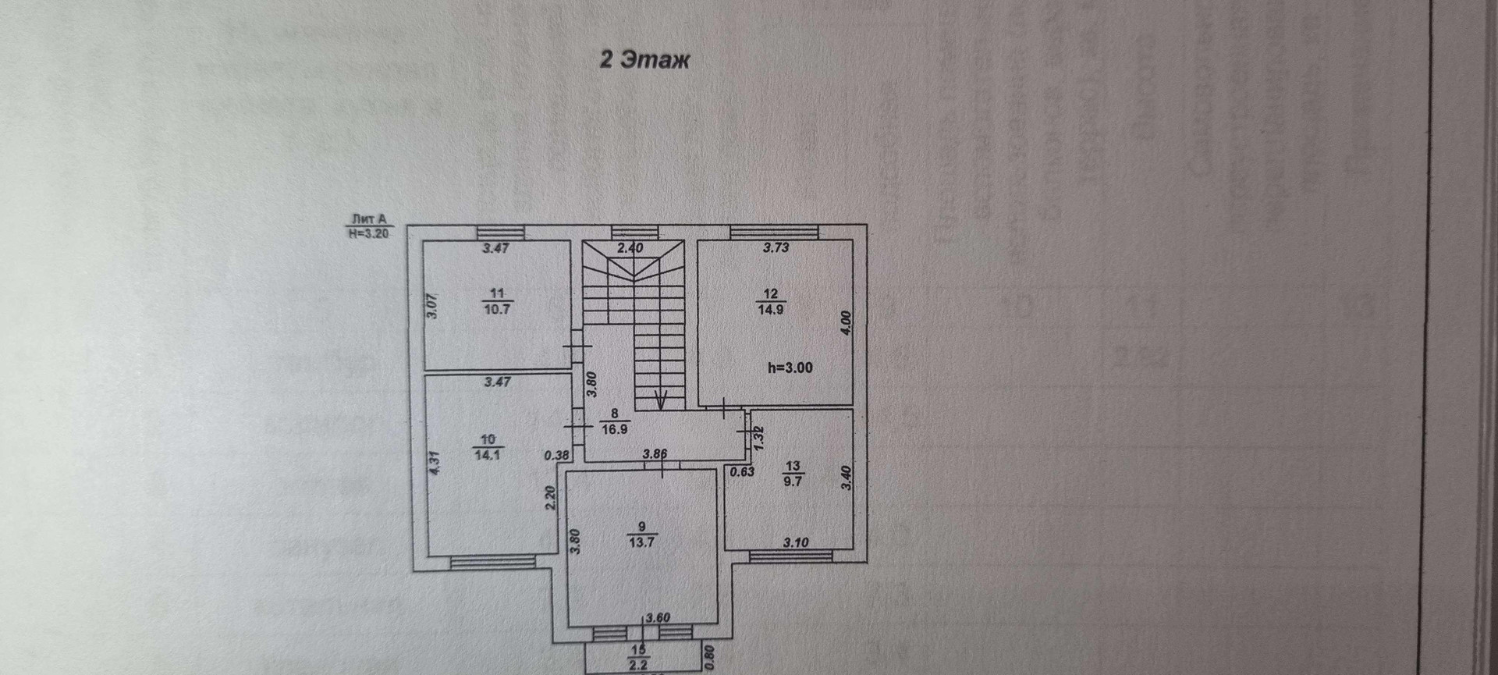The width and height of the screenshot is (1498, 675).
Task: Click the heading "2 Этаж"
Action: pyautogui.click(x=644, y=60)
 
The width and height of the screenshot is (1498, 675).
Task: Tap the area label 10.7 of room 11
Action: pyautogui.click(x=496, y=309)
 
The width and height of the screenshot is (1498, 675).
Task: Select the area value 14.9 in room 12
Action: pyautogui.click(x=770, y=309)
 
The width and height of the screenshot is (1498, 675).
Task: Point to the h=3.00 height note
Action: pyautogui.click(x=790, y=368)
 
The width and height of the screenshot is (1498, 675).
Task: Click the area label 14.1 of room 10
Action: pyautogui.click(x=487, y=455)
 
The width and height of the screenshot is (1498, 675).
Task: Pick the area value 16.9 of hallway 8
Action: pyautogui.click(x=615, y=428)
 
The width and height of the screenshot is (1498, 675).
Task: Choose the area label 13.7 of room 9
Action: pyautogui.click(x=641, y=542)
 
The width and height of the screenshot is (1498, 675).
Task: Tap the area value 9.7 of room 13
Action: pyautogui.click(x=793, y=481)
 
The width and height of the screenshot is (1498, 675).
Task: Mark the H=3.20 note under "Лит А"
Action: pyautogui.click(x=368, y=233)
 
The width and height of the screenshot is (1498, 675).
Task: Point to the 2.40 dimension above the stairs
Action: pyautogui.click(x=630, y=248)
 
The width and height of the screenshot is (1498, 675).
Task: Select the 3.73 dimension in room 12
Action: pyautogui.click(x=776, y=248)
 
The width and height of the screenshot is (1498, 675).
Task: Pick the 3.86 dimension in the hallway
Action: pyautogui.click(x=655, y=453)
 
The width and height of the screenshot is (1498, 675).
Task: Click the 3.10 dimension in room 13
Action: pyautogui.click(x=796, y=542)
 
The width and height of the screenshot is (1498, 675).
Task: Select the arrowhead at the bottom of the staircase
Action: pyautogui.click(x=660, y=402)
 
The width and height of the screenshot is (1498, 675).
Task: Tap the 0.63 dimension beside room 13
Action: pyautogui.click(x=742, y=471)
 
